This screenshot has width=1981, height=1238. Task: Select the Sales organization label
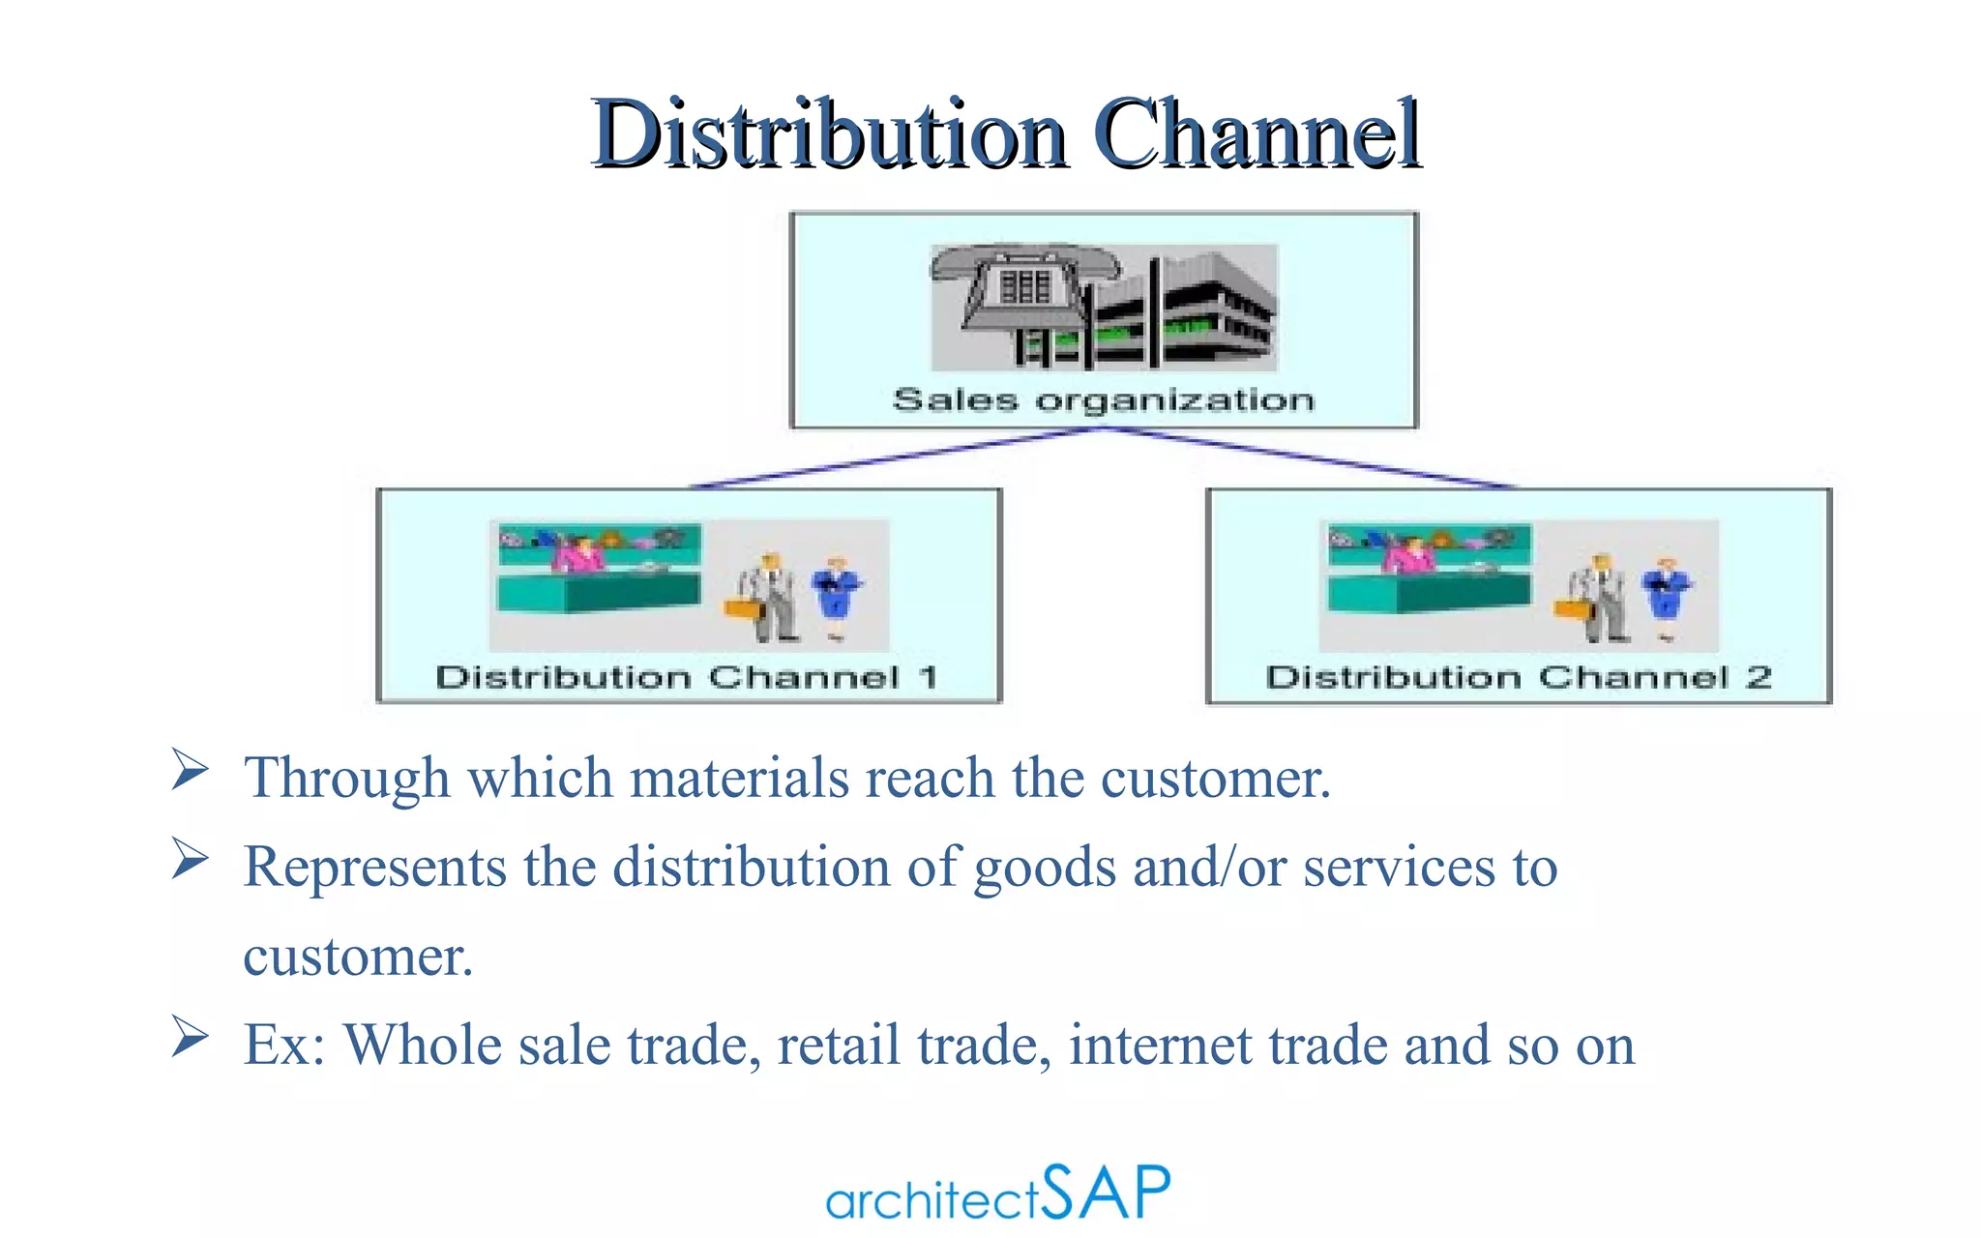(x=1104, y=399)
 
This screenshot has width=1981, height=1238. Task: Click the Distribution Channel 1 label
(x=687, y=676)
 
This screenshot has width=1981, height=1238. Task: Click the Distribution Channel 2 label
(x=1519, y=676)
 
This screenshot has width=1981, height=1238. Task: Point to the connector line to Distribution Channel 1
(x=890, y=457)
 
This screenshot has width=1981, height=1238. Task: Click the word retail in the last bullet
(x=838, y=1046)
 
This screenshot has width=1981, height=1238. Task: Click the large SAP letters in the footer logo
(x=1109, y=1192)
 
